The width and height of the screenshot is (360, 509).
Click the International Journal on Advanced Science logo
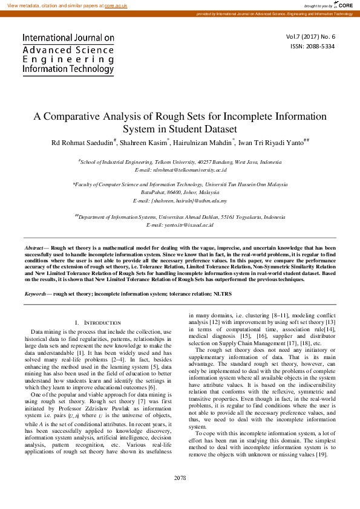68,53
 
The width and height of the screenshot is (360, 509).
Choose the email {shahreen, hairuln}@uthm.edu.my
180,200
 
